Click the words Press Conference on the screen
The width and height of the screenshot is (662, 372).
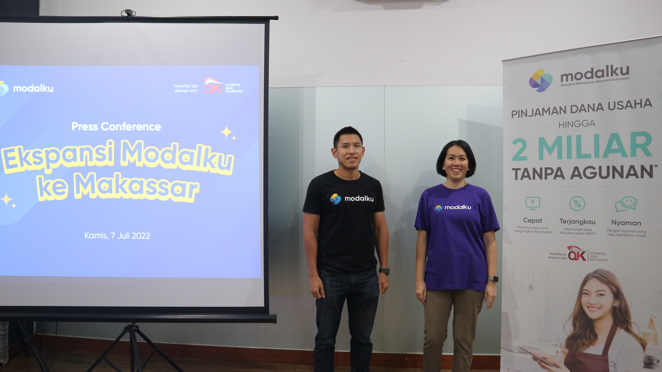pos(116,126)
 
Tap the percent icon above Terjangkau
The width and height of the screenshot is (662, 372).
pos(577,204)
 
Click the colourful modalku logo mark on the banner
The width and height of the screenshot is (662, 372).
pos(540,80)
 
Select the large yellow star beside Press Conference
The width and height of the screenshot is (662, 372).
pos(226,132)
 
